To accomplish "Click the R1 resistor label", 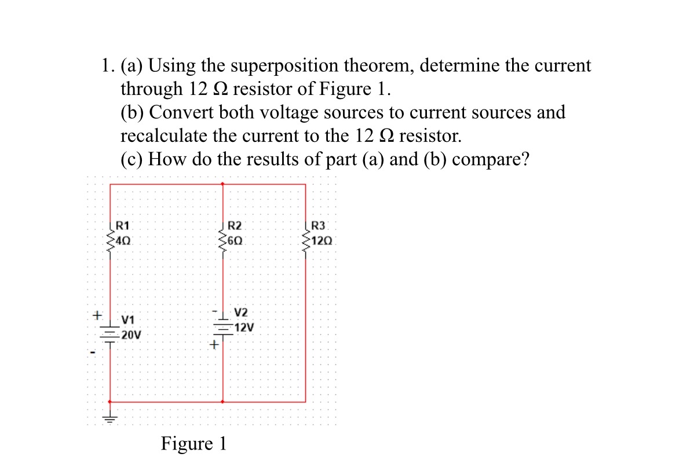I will click(123, 225).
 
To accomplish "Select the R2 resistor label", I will click(235, 225).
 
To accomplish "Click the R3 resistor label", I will click(319, 225).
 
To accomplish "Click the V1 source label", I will click(128, 319).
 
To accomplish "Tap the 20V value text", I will click(131, 334).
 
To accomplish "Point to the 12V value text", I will click(244, 327).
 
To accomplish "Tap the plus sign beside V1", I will click(98, 316).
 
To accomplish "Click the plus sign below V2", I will click(214, 346).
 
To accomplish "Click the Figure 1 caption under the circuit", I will click(194, 443).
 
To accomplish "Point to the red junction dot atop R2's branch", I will click(223, 184).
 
